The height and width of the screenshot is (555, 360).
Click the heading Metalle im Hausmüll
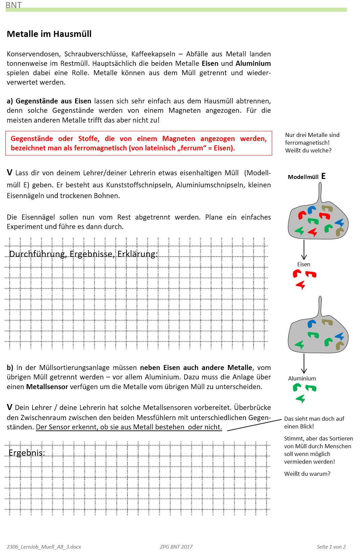click(49, 34)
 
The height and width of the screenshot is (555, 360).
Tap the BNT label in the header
click(13, 5)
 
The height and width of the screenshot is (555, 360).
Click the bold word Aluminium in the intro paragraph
click(253, 63)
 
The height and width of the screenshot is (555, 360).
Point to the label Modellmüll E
click(306, 177)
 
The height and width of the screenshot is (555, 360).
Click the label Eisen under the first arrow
click(304, 264)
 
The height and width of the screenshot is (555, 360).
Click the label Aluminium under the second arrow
click(302, 378)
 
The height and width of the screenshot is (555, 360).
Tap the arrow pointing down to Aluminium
click(304, 363)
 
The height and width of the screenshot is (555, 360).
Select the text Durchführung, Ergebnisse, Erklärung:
click(83, 254)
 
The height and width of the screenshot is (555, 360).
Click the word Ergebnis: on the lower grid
click(27, 453)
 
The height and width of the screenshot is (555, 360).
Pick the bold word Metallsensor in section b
click(47, 387)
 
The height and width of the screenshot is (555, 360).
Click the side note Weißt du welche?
click(308, 150)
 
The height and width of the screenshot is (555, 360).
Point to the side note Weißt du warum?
click(307, 474)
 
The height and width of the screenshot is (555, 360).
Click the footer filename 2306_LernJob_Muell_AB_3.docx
click(44, 547)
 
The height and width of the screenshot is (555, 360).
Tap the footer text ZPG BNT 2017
click(176, 547)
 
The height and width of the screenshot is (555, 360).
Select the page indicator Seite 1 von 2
click(331, 547)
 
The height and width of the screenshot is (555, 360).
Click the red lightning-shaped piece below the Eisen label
click(301, 285)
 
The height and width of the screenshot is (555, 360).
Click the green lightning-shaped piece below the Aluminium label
click(301, 399)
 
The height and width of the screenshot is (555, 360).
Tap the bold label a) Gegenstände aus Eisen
click(49, 101)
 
